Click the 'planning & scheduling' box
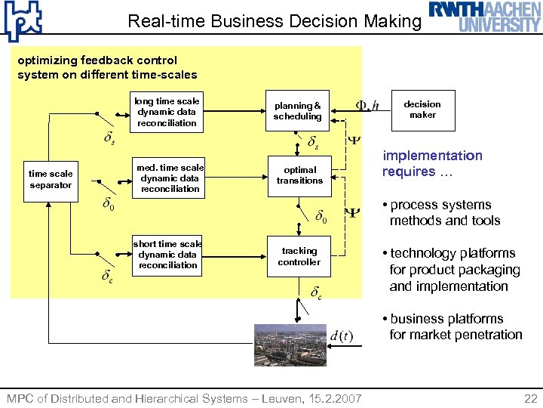(297, 111)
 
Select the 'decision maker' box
(422, 110)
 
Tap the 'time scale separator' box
(51, 180)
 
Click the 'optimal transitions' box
(299, 175)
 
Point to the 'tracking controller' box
(299, 256)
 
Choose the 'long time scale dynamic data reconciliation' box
(167, 112)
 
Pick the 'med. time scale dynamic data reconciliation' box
(170, 178)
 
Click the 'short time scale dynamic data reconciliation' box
(167, 255)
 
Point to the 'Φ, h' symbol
(367, 105)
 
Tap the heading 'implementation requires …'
(432, 163)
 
